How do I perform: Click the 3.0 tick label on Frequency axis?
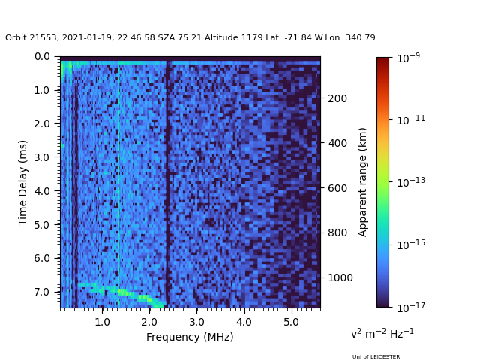pos(196,322)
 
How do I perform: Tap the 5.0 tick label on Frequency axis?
pos(291,322)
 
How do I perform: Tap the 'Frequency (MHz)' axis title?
pos(190,337)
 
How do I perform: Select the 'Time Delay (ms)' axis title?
pos(23,182)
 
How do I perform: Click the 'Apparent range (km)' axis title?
pos(363,182)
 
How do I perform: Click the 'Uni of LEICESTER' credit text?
pos(376,357)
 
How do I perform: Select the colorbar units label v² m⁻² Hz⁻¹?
pos(382,333)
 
